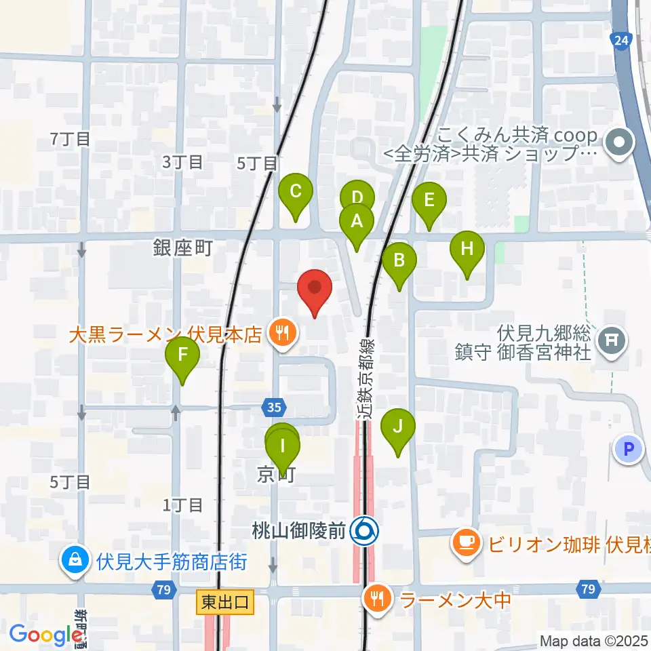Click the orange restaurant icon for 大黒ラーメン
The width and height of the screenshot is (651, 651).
tap(280, 334)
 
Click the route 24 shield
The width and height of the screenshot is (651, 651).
tap(619, 41)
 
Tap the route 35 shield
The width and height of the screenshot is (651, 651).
tap(273, 408)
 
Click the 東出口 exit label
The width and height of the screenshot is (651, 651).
tap(226, 601)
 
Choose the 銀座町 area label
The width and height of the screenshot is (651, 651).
tap(183, 248)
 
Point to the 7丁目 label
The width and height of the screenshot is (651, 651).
tap(71, 139)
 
